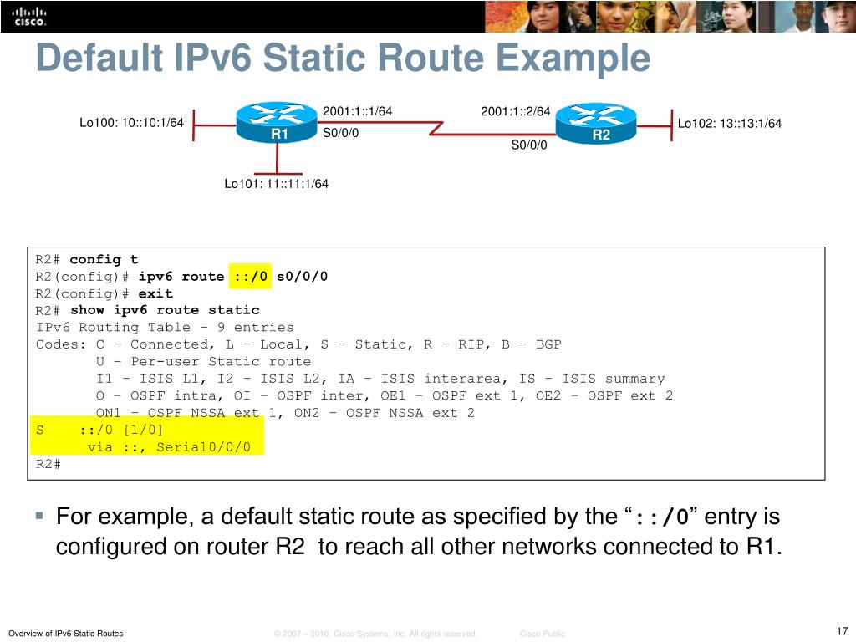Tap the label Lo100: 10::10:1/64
coord(131,123)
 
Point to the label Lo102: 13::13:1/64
coord(729,124)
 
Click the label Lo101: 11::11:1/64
coord(276,184)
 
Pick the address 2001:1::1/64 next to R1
coord(357,111)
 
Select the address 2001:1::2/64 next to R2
coord(515,111)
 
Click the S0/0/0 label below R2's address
coord(529,145)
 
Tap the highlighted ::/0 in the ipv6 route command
coord(250,277)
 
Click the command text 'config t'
coord(104,260)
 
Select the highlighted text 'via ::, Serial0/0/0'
coord(169,446)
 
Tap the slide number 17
coord(841,631)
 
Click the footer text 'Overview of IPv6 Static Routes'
coord(65,634)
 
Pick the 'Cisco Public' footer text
coord(543,634)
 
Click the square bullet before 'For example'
coord(39,516)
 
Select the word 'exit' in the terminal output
coord(155,293)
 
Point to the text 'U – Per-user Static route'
coord(203,361)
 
